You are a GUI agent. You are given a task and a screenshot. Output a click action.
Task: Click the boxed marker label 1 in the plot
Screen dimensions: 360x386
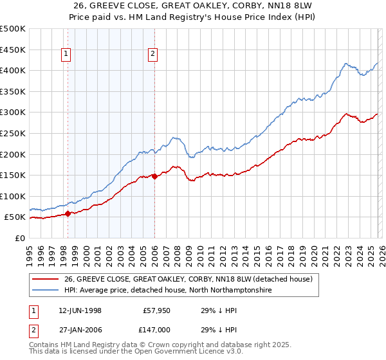[66, 55]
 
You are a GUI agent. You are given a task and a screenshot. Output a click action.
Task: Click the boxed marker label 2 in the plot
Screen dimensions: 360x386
[153, 55]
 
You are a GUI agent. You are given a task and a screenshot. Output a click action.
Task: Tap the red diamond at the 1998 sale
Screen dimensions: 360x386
[68, 213]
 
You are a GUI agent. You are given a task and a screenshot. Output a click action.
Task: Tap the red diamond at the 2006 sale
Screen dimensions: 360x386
[155, 176]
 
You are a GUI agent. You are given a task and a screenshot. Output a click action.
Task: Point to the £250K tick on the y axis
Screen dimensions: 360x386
[14, 133]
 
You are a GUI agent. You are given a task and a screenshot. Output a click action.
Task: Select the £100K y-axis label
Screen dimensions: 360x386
[14, 196]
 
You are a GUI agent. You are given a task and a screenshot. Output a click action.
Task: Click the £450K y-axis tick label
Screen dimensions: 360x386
[14, 50]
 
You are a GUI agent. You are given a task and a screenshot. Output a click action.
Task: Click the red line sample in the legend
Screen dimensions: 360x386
[45, 279]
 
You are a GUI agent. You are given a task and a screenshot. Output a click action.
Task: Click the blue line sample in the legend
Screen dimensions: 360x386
[45, 291]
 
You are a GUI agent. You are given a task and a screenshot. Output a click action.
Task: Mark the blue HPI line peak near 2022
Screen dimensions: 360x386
[346, 63]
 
